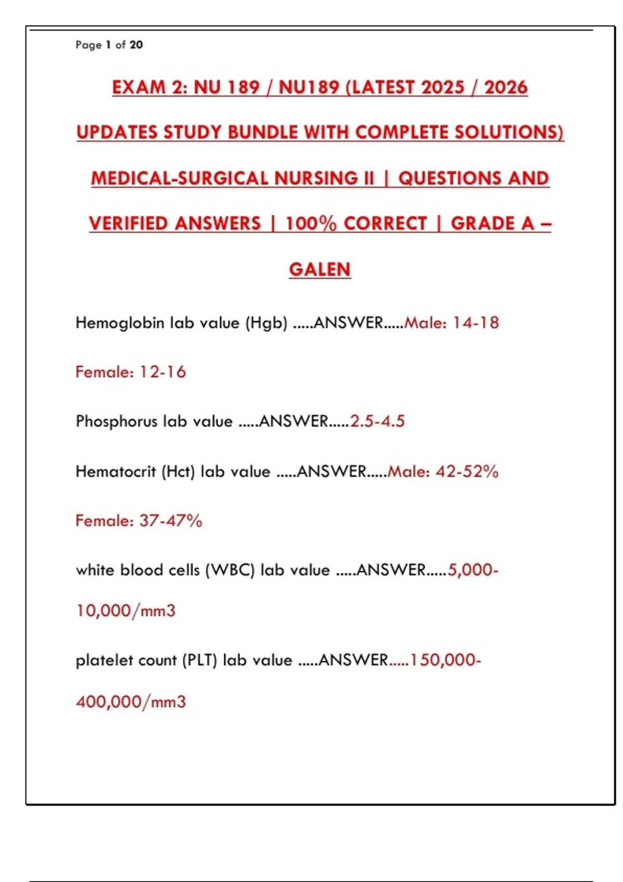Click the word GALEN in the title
tap(320, 269)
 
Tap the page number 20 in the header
tap(136, 45)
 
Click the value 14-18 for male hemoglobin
tap(476, 323)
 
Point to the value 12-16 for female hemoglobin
tap(162, 372)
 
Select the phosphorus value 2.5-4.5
tap(377, 421)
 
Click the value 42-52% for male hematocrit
tap(467, 471)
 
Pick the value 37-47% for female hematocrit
tap(171, 520)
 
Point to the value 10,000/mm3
tap(126, 611)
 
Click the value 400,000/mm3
tap(131, 702)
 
